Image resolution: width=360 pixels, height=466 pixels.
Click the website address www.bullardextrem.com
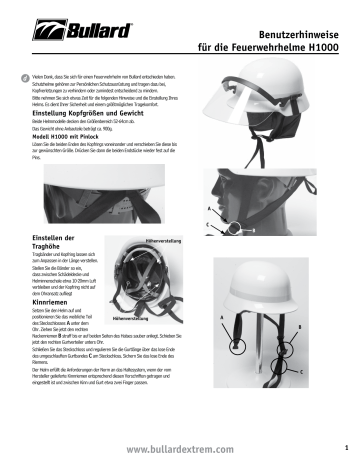coord(179,451)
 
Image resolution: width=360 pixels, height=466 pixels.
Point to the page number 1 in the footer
coord(345,447)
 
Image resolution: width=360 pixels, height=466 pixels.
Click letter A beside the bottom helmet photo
coord(221,316)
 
